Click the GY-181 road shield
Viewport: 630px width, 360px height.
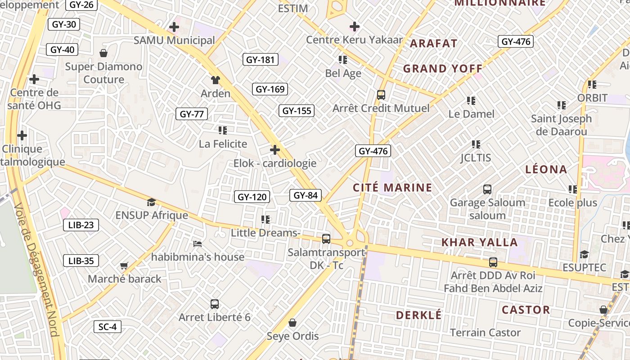(x=261, y=59)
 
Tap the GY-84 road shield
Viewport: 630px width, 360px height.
(x=306, y=195)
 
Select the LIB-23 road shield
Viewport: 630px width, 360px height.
(x=81, y=225)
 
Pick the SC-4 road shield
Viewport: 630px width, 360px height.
(x=108, y=327)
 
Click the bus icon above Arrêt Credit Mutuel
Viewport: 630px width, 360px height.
(x=381, y=95)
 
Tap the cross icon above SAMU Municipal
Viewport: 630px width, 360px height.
(x=174, y=27)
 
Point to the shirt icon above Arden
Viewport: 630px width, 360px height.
(x=216, y=80)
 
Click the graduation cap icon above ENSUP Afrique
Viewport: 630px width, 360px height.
(x=151, y=202)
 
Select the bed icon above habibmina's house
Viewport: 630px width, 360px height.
(x=197, y=244)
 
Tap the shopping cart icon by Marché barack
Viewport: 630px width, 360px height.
(x=124, y=266)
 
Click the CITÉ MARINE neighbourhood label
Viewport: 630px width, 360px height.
(x=392, y=188)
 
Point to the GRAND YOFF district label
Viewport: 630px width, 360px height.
(x=443, y=69)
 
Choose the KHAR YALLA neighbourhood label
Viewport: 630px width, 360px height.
(x=479, y=242)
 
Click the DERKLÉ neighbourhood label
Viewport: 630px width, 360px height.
(x=418, y=315)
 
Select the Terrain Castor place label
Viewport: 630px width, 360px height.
(x=486, y=333)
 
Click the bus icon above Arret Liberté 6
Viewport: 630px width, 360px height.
(x=215, y=304)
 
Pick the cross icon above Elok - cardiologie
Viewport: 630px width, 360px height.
(x=275, y=150)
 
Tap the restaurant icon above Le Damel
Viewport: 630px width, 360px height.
(x=471, y=100)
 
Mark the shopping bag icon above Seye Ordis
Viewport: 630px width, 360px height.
(x=292, y=323)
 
